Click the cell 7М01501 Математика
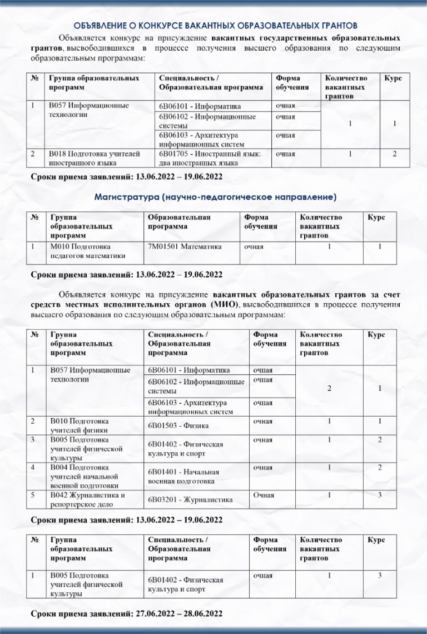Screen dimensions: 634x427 click(185, 246)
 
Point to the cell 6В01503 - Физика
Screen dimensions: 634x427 click(178, 427)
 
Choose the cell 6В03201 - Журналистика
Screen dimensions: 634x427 click(190, 500)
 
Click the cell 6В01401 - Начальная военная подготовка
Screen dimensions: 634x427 click(181, 476)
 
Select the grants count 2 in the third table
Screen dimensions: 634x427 click(329, 389)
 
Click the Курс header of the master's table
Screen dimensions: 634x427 click(376, 217)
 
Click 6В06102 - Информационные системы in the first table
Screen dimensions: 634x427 click(207, 121)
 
